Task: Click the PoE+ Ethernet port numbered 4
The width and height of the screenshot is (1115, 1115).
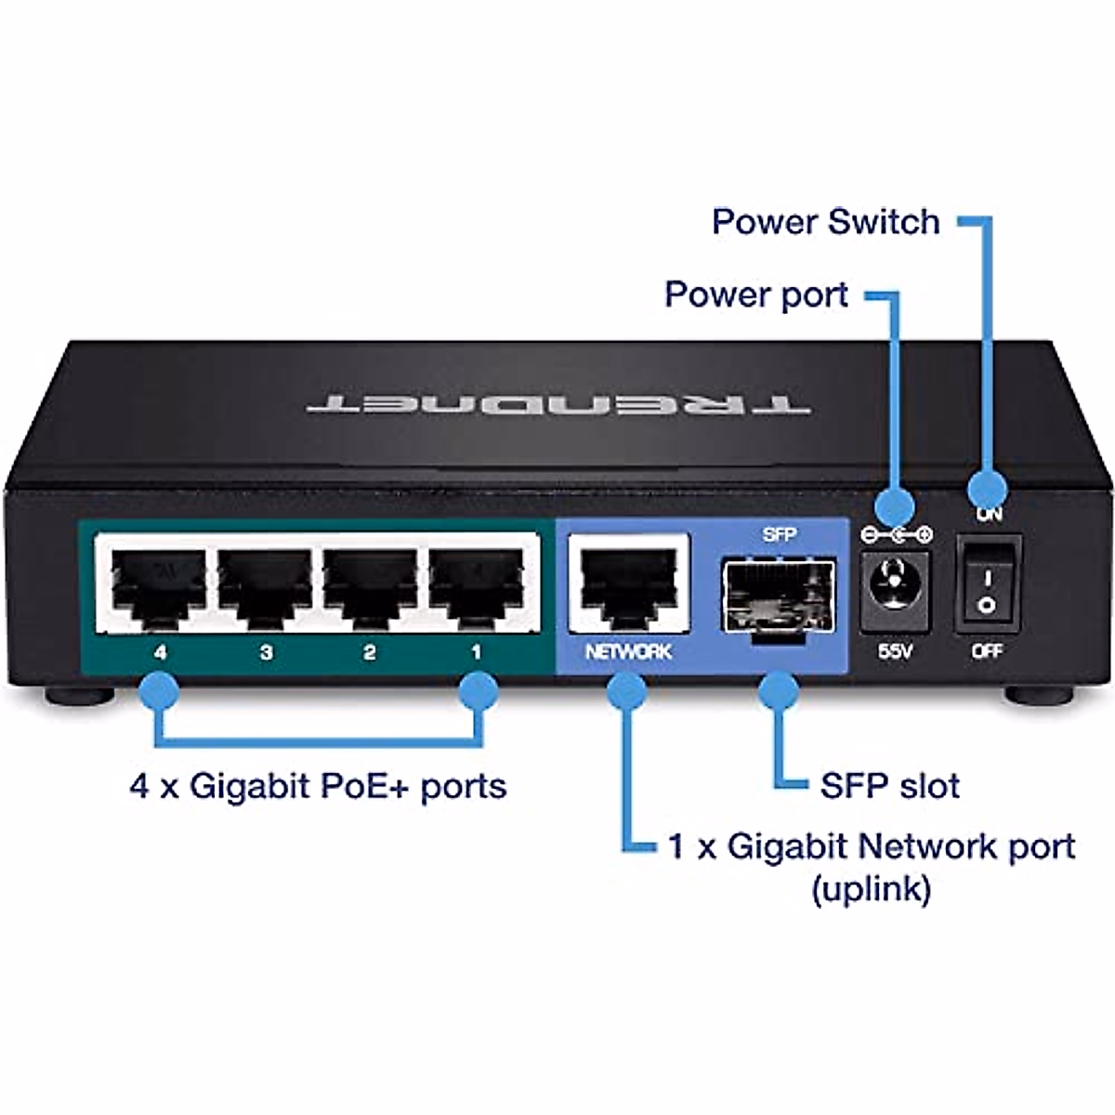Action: click(158, 585)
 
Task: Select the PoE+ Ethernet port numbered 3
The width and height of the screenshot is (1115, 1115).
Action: click(265, 585)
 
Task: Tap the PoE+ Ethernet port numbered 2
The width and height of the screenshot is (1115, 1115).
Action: click(370, 585)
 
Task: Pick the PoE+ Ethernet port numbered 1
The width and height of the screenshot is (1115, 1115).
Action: click(476, 585)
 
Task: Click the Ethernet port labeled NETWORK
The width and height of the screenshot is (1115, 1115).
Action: click(628, 585)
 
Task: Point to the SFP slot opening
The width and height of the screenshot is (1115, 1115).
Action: click(780, 595)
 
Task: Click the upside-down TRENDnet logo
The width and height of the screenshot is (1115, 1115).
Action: click(557, 403)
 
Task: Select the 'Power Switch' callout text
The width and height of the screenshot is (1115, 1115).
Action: click(825, 222)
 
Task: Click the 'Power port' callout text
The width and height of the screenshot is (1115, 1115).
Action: click(756, 295)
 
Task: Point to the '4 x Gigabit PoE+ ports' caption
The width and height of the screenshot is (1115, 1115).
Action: click(318, 786)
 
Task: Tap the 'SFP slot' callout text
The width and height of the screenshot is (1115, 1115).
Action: click(889, 786)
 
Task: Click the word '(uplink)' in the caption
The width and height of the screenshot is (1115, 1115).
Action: click(871, 889)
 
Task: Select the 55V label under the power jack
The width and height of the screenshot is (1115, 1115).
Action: click(895, 652)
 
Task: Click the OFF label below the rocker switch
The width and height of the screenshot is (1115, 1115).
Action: click(987, 652)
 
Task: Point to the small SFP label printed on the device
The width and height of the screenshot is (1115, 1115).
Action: click(779, 534)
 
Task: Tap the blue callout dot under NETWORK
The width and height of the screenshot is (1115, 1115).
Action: click(628, 691)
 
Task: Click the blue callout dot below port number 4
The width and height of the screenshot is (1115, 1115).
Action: click(158, 691)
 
